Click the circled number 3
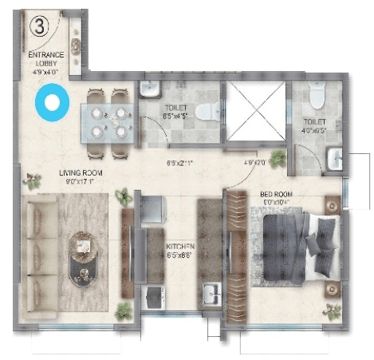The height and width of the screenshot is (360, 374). tap(37, 25)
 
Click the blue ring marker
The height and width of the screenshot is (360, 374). tap(53, 103)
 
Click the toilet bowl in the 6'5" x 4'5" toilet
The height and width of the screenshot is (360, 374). tap(203, 111)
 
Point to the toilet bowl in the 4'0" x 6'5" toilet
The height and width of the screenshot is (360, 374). tap(317, 97)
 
